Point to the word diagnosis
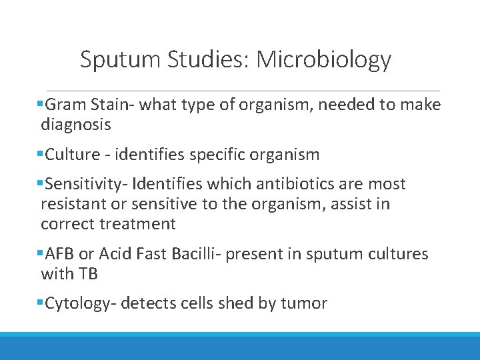(75, 125)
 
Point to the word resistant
(73, 204)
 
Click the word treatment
(137, 224)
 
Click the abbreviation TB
(89, 274)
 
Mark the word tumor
(304, 304)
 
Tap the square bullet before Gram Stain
(41, 105)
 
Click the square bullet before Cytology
(41, 304)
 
